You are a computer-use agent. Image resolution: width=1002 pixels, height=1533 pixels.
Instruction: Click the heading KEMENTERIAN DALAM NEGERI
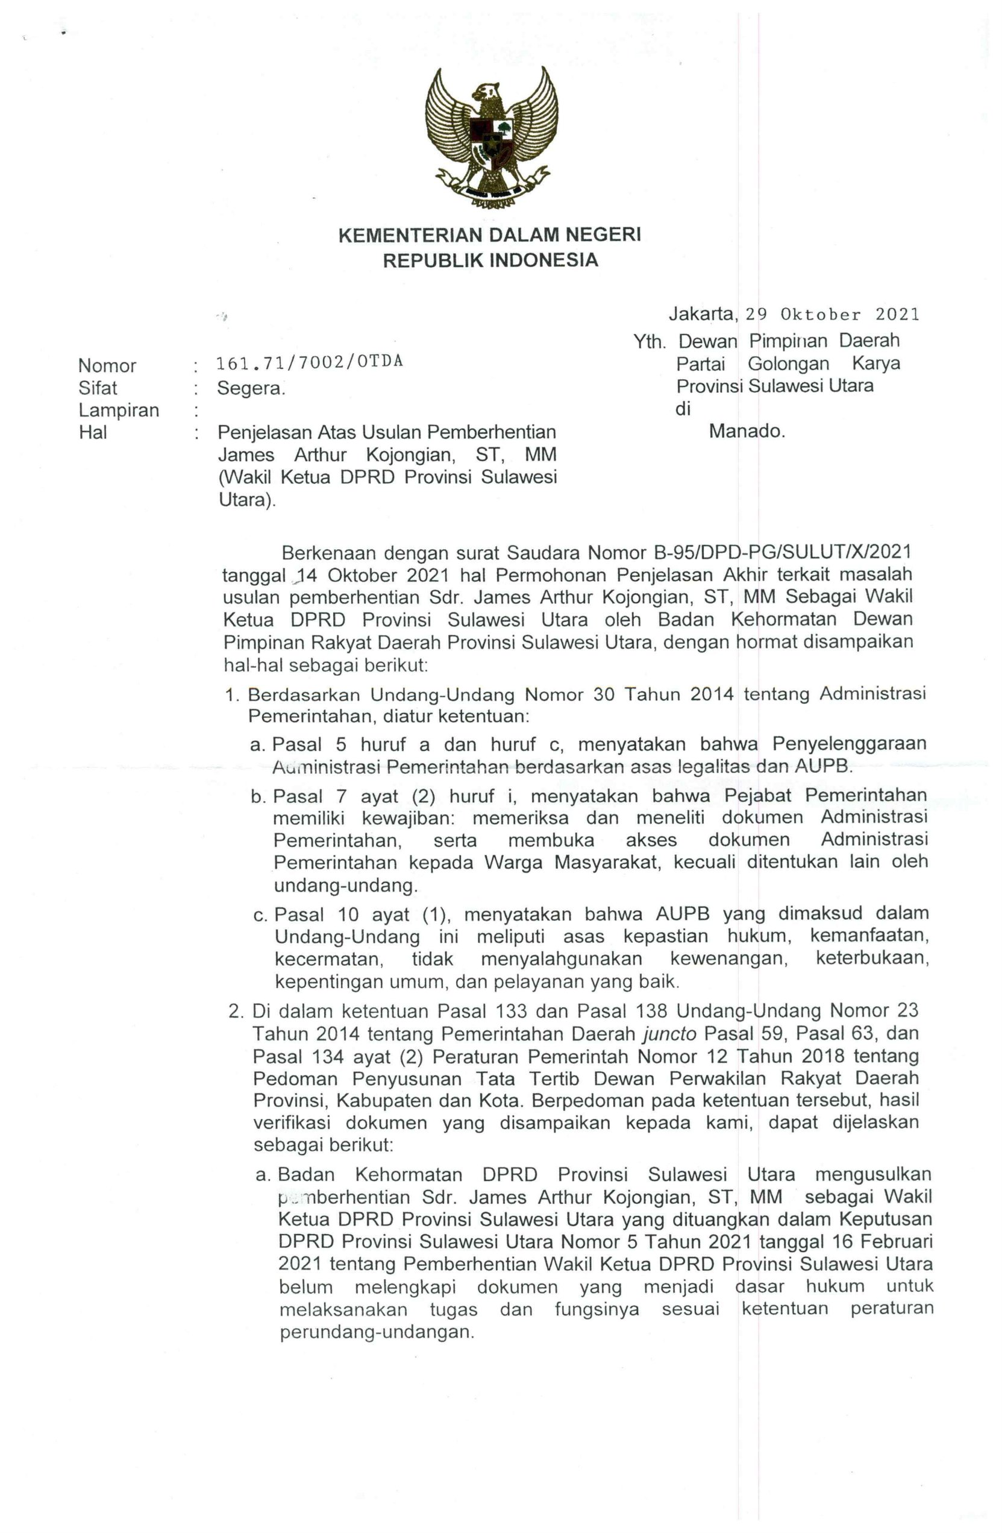[x=489, y=235]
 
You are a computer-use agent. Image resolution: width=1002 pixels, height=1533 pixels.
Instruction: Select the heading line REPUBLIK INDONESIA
[x=490, y=260]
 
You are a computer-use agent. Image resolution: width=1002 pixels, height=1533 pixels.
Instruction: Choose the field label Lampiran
[x=119, y=411]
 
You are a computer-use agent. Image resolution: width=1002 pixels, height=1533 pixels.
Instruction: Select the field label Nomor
[x=107, y=366]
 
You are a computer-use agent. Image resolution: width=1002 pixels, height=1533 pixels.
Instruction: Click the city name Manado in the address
[x=747, y=432]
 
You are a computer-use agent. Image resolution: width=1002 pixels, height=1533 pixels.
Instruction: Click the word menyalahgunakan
[x=562, y=959]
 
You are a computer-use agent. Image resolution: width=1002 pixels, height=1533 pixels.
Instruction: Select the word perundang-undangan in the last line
[x=377, y=1332]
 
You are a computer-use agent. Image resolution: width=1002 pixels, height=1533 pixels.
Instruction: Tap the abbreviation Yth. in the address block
[x=648, y=342]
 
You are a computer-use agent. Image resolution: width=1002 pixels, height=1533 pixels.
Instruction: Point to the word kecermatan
[x=328, y=959]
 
